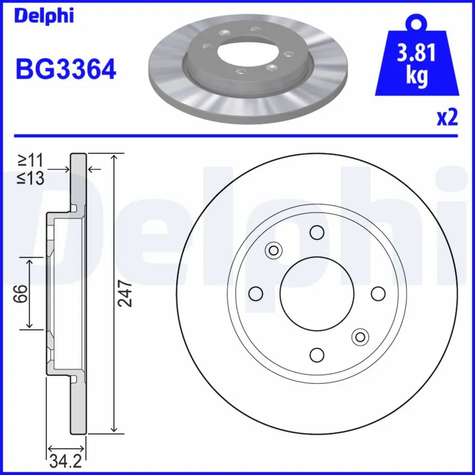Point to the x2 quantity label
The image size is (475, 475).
tap(447, 118)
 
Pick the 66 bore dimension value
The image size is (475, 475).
tap(20, 293)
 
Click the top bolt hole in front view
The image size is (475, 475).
tap(317, 232)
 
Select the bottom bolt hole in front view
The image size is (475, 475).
tap(317, 354)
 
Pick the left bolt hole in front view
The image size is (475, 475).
tap(256, 293)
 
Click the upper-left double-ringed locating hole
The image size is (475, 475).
tap(274, 250)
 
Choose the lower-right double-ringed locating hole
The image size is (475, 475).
tap(360, 337)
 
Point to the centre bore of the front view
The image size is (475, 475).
tap(317, 293)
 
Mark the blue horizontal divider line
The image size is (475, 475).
tap(237, 136)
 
